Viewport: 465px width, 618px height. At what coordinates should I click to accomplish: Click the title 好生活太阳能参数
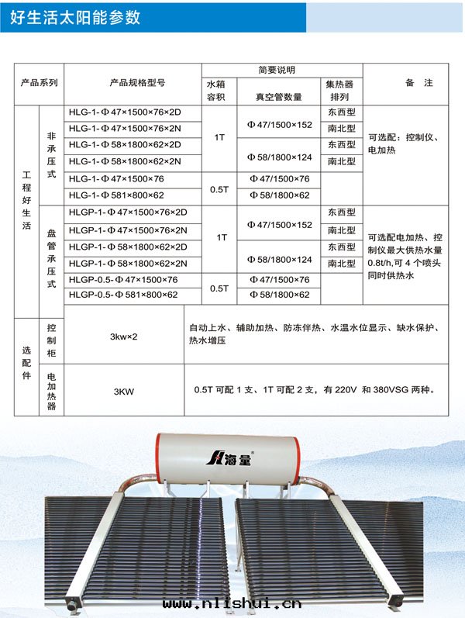tap(76, 16)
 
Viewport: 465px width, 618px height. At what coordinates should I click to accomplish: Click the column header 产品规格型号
tap(137, 84)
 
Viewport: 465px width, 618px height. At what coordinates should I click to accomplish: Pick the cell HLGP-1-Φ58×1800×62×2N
tap(128, 264)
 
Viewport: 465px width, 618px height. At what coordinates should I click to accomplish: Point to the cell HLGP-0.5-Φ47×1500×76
tap(122, 280)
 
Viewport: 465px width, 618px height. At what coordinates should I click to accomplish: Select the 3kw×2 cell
tap(124, 337)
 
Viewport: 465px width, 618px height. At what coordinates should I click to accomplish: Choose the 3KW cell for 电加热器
tap(123, 392)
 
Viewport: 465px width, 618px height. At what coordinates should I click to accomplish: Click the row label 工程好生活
tap(27, 209)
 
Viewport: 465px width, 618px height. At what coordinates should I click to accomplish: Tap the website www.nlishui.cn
tap(232, 603)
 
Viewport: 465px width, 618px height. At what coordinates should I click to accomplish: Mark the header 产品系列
tap(39, 84)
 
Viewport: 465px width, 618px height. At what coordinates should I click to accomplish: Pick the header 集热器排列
tap(341, 91)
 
